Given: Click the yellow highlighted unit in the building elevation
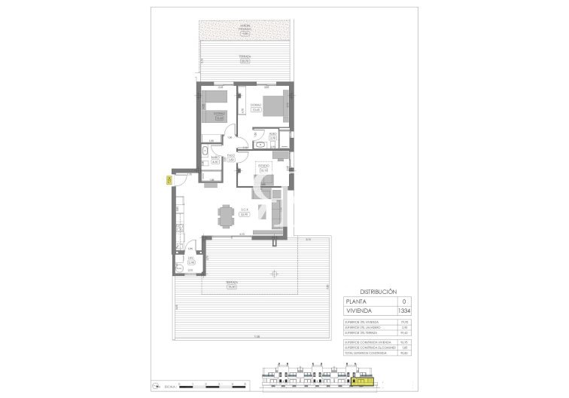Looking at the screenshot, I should coord(365,382).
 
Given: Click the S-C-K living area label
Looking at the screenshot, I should coord(244,211).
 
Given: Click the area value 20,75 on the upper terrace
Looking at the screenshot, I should coord(244,61).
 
